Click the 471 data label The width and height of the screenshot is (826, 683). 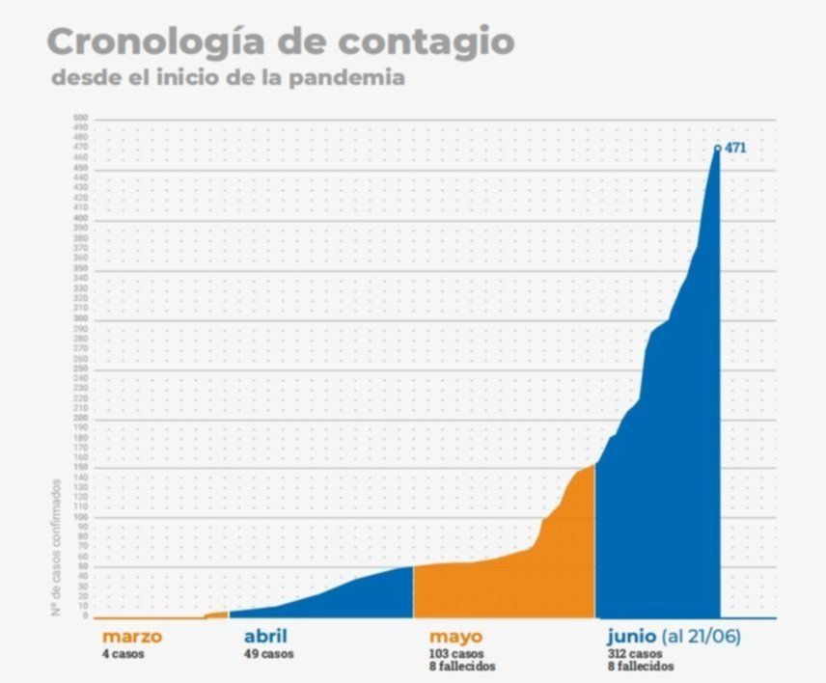[x=735, y=148]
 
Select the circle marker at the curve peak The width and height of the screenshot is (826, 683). [x=717, y=148]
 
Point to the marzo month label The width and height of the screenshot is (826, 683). [x=131, y=637]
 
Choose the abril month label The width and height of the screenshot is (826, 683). [x=265, y=637]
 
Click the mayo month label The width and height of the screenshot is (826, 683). [x=455, y=637]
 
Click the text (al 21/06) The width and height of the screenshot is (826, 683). [x=702, y=637]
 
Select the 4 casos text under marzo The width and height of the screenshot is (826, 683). [x=124, y=654]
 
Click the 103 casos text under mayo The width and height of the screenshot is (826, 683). [x=456, y=654]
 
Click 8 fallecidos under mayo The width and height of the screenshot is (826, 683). [x=462, y=667]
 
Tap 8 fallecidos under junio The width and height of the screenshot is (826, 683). [x=641, y=667]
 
